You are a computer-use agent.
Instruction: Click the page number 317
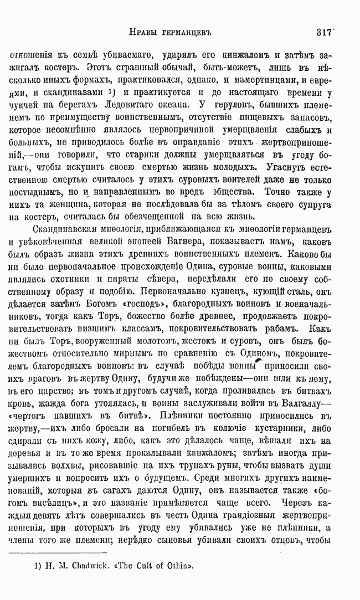point(324,32)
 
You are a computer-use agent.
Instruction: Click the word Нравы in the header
point(143,33)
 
